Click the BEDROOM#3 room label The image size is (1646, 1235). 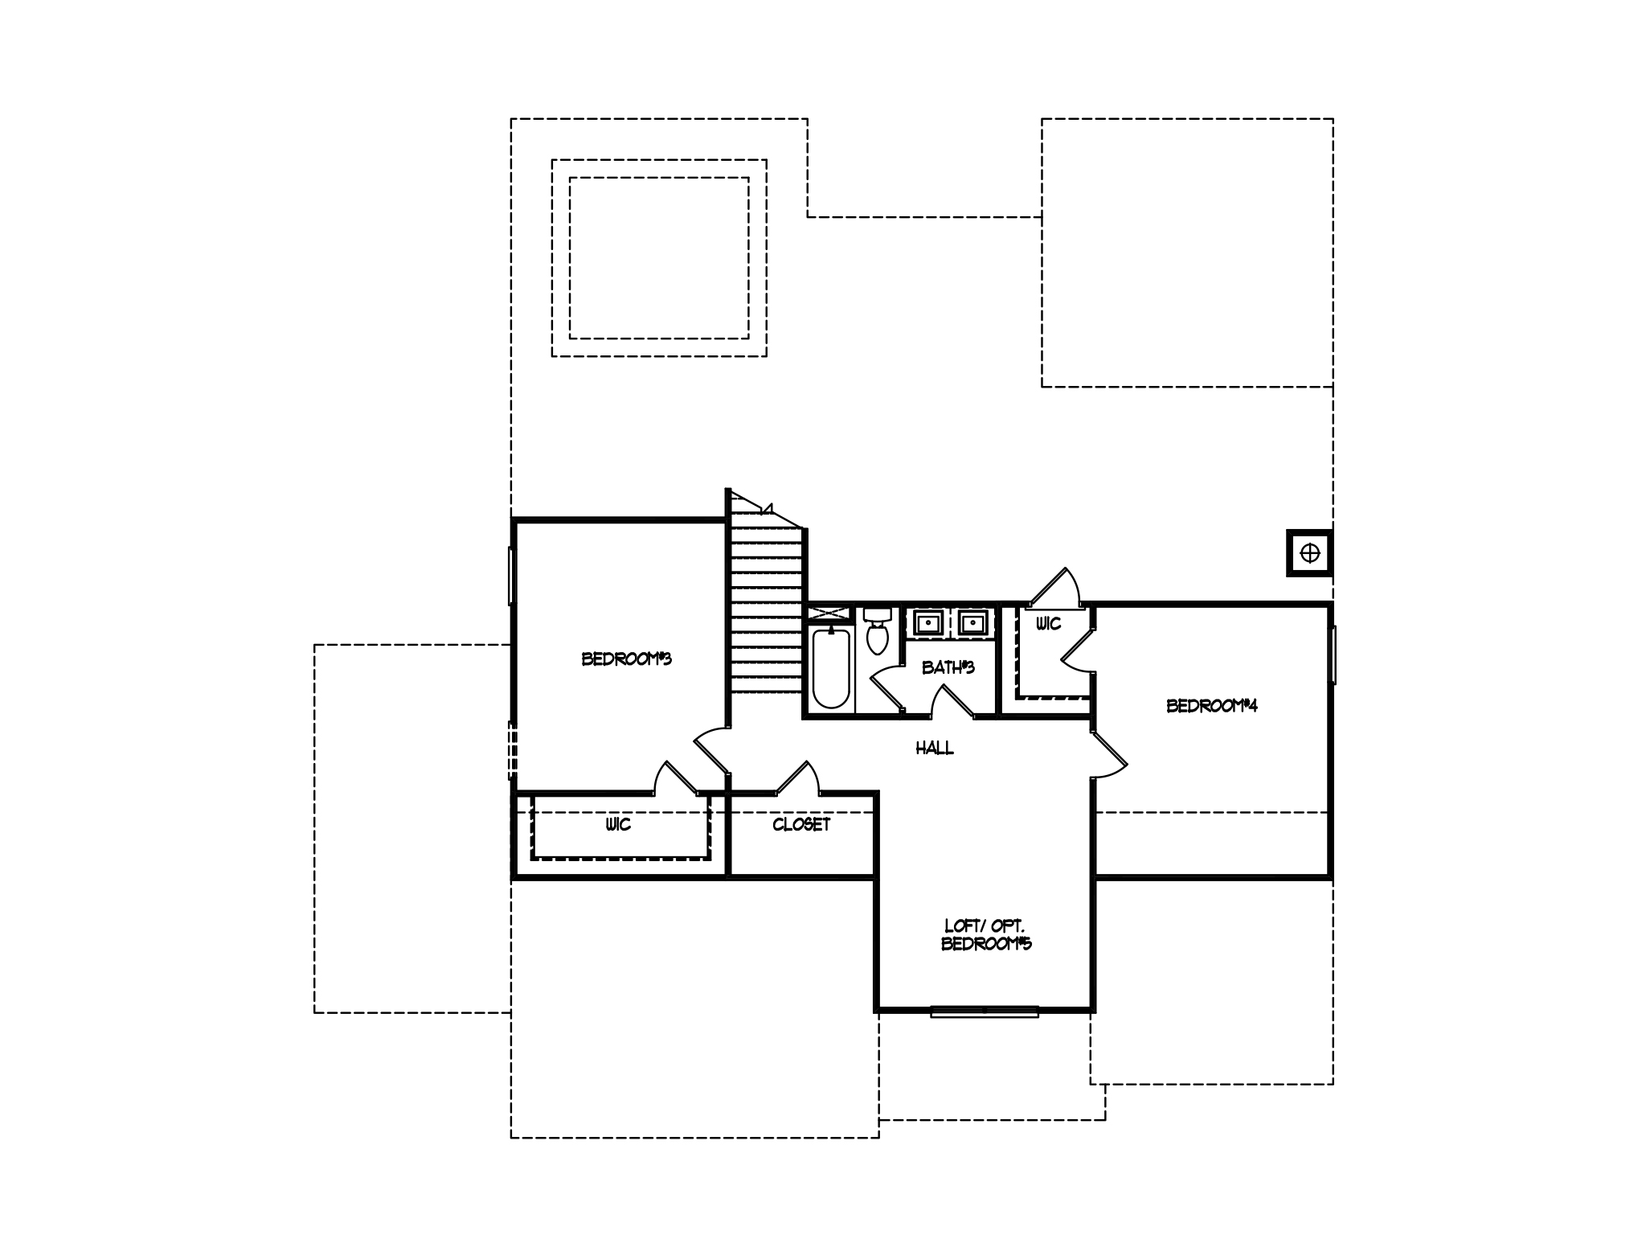tap(626, 659)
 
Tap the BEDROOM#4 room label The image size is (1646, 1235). tap(1211, 706)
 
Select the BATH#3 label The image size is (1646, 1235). tap(948, 667)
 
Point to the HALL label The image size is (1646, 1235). tap(935, 749)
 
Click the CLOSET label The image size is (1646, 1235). tap(801, 825)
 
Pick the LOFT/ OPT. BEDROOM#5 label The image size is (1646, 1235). tap(986, 935)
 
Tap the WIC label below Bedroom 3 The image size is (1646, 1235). tap(619, 825)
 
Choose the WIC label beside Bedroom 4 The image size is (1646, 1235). tap(1049, 624)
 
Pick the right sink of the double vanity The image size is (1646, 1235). tap(972, 623)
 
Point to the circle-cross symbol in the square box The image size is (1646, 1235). tap(1310, 553)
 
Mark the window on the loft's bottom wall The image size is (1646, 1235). tap(985, 1011)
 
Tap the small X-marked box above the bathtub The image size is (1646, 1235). tap(829, 613)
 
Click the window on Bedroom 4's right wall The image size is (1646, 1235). tap(1333, 655)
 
